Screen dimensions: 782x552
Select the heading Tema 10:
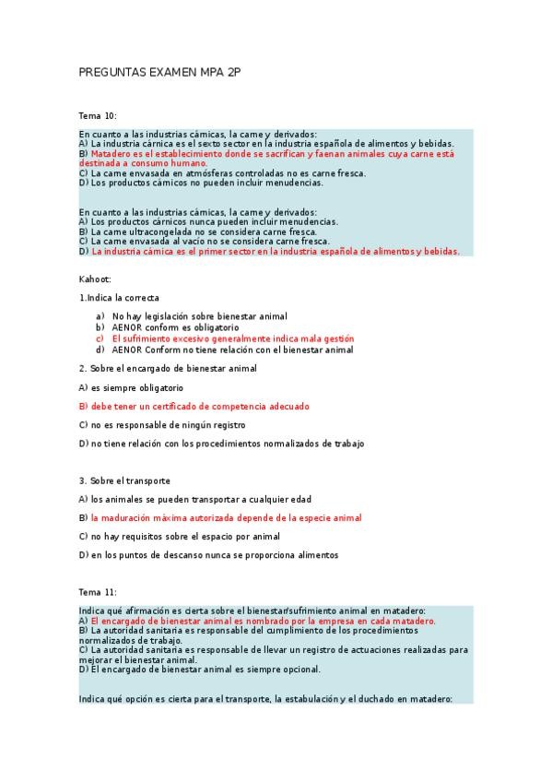pos(98,115)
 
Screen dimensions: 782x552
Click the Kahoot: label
pos(95,278)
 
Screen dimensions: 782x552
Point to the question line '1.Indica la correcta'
pos(119,298)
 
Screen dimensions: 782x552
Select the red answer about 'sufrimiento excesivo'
pos(232,338)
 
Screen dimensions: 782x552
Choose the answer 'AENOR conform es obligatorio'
pos(175,327)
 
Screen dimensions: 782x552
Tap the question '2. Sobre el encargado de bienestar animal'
pos(168,368)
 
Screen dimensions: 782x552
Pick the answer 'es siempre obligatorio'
pos(131,387)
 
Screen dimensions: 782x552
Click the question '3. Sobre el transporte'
pos(124,480)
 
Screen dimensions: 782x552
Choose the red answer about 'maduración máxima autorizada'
pos(220,518)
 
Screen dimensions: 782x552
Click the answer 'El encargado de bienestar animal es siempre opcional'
pos(200,669)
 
